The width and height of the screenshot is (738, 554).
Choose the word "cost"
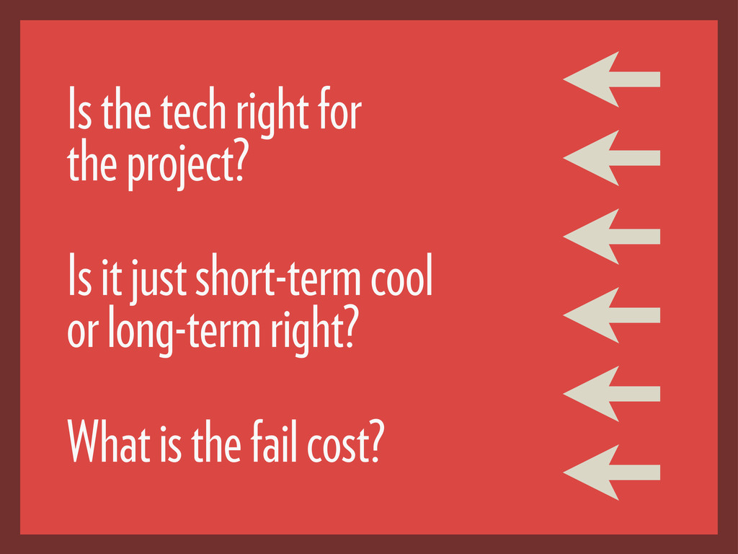click(x=334, y=444)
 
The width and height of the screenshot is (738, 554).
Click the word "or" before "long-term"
click(x=83, y=333)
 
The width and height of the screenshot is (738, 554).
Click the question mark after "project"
click(x=240, y=164)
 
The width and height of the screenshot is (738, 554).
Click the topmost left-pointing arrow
click(x=611, y=79)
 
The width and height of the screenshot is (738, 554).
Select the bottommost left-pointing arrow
click(x=611, y=472)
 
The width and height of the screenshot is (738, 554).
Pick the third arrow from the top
click(x=611, y=237)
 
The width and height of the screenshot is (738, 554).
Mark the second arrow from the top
click(x=611, y=158)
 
